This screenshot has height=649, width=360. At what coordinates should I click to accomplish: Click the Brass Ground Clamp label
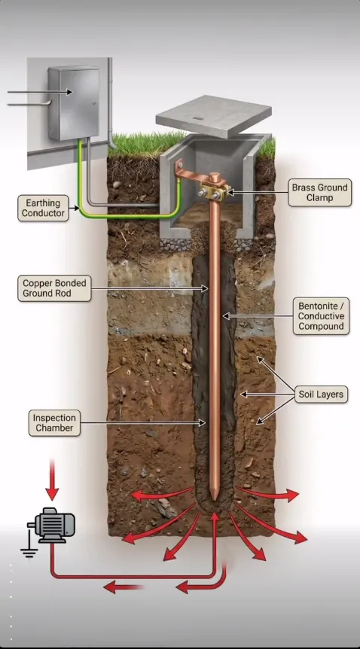(320, 193)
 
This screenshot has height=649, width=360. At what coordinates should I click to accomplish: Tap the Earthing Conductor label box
(43, 209)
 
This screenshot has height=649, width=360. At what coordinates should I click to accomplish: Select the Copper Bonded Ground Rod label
(54, 288)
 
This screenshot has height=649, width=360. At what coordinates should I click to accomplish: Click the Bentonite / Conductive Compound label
(321, 315)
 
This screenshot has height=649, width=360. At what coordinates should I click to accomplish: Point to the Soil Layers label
(321, 395)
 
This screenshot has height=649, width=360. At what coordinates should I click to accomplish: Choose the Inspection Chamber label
(54, 422)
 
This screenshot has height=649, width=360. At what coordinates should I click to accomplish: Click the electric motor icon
(51, 525)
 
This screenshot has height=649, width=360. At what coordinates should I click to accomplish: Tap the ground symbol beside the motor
(29, 547)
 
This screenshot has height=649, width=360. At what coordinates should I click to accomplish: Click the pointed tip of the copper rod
(214, 498)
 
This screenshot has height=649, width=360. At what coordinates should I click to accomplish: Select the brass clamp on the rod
(214, 192)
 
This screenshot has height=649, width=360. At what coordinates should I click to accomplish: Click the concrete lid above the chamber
(214, 115)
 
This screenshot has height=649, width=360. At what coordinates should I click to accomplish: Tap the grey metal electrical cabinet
(74, 102)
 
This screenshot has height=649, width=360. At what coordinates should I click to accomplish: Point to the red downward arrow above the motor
(52, 480)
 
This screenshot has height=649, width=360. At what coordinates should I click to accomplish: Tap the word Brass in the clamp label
(304, 187)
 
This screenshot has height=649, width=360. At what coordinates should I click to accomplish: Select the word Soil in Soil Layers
(307, 395)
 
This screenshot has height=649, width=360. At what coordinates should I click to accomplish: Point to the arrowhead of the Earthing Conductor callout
(76, 209)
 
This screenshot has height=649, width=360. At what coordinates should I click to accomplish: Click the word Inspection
(54, 418)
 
